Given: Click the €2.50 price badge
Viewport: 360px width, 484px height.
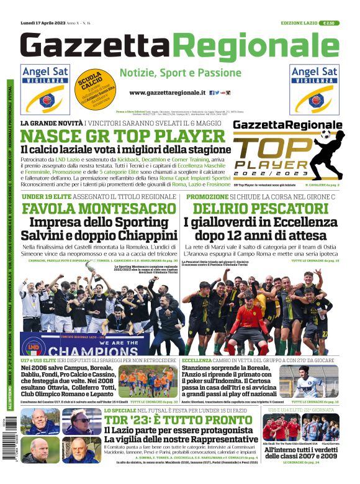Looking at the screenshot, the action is pos(328,23).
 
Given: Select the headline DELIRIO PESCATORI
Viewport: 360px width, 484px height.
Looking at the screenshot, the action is pos(269,208).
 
